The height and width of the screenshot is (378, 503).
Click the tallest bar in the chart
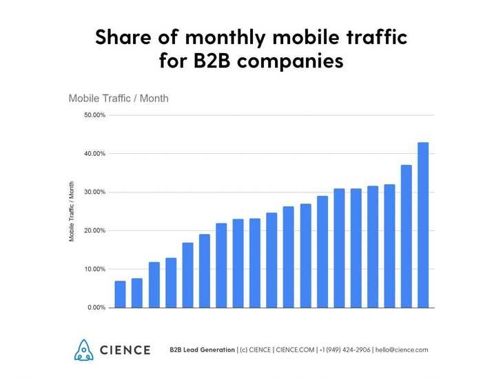pos(423,225)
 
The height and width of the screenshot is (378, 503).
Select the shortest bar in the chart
pos(120,294)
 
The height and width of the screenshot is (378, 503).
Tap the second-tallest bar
pos(407,236)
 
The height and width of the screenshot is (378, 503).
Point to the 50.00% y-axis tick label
pos(95,115)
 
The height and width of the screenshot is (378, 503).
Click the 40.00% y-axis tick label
pos(95,154)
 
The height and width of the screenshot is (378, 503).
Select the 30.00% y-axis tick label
pos(95,192)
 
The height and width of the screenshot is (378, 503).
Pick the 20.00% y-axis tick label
pos(95,231)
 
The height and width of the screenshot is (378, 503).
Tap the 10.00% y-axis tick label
pos(95,269)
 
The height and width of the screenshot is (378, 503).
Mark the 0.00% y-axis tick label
pos(96,308)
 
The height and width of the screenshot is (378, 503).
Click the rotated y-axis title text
pos(72,211)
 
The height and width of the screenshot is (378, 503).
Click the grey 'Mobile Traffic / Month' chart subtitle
pos(119,99)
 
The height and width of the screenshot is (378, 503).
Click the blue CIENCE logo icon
pos(83,350)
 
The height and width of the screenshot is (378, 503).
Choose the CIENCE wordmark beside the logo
pos(125,350)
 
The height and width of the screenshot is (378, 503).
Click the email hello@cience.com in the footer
pos(402,350)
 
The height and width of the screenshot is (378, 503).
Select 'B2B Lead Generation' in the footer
pos(202,350)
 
